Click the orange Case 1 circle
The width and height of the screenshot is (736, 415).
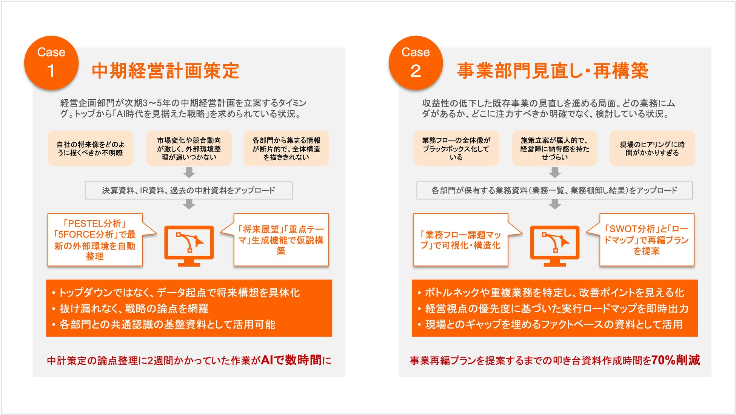coord(51,63)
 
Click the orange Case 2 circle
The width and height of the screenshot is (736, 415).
coord(416,63)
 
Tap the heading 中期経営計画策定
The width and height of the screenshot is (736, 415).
coord(165,71)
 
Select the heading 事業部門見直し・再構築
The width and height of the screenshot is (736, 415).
coord(553,71)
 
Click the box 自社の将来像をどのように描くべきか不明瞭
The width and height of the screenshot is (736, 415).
coord(91,148)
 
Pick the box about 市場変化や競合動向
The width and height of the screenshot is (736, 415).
coord(189,148)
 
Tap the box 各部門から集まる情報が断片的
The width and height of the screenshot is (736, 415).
coord(286,148)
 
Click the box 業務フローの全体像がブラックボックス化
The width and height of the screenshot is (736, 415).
coord(456,148)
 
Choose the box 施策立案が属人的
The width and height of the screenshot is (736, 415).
coord(554,148)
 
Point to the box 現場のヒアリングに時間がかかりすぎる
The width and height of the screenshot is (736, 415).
coord(652,148)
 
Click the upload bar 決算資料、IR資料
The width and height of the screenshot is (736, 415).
coord(189,190)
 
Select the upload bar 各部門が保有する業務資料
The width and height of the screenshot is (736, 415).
coord(554,190)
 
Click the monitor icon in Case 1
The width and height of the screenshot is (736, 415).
coord(189,246)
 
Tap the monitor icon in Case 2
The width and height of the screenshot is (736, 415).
coord(555,246)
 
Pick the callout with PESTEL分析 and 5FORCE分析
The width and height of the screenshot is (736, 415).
coord(95,240)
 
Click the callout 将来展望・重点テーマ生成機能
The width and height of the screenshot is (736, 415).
coord(281,240)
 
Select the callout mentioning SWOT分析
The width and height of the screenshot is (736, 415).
coord(647,240)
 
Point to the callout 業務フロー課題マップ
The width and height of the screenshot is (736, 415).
coord(461,240)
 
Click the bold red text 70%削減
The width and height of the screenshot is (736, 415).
coord(676,360)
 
